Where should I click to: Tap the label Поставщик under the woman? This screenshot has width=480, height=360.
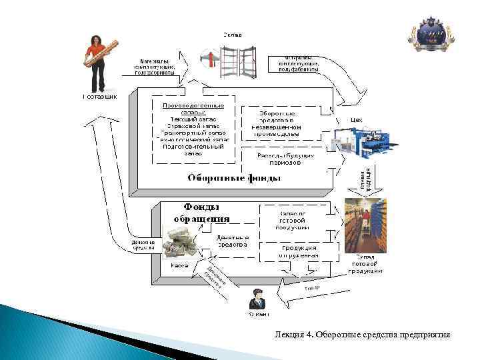[99, 97]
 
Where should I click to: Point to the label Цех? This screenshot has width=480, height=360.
[356, 120]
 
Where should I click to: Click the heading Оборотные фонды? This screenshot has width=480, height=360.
[233, 178]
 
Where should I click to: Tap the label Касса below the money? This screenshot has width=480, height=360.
[178, 265]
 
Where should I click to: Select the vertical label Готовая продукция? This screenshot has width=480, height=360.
[365, 179]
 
